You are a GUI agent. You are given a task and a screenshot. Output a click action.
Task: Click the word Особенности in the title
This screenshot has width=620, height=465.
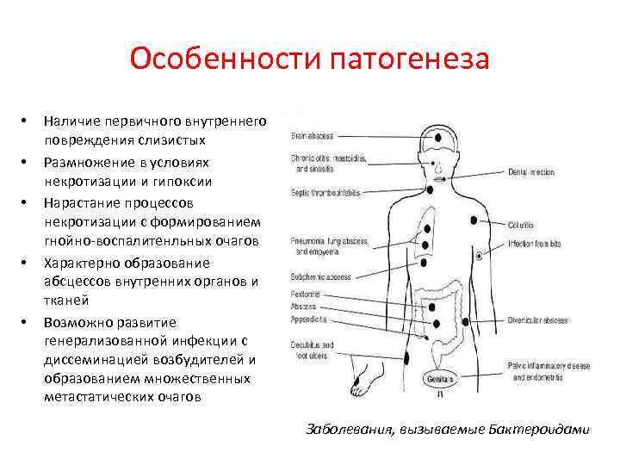pyautogui.click(x=226, y=60)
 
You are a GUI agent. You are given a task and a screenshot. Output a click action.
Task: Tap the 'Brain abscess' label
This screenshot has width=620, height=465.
pyautogui.click(x=312, y=136)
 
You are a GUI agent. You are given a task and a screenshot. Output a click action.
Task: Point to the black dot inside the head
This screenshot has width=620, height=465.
pyautogui.click(x=440, y=135)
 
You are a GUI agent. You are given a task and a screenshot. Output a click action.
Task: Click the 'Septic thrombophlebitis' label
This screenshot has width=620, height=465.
pyautogui.click(x=325, y=191)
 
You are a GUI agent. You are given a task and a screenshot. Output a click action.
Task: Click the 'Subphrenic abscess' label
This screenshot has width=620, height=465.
pyautogui.click(x=320, y=277)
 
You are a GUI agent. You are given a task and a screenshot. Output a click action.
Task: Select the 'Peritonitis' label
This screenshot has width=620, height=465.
pyautogui.click(x=305, y=294)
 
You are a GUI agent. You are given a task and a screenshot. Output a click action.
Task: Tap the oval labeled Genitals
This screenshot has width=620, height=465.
pyautogui.click(x=440, y=378)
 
